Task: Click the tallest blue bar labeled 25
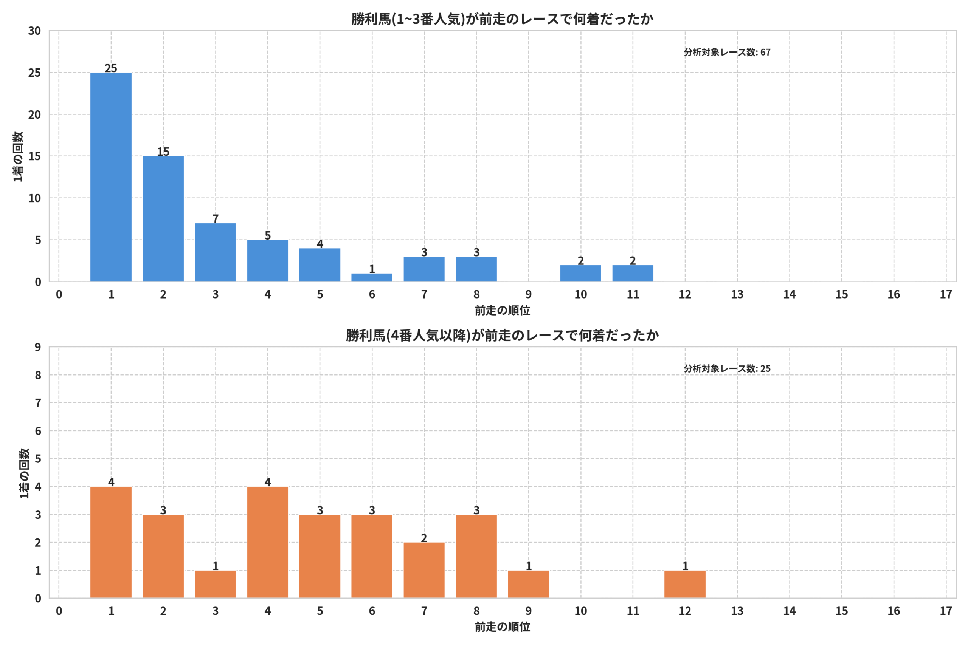(x=111, y=177)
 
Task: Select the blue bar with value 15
(x=163, y=219)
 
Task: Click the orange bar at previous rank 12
(x=685, y=584)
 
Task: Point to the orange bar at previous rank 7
(x=424, y=570)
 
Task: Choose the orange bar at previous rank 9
(x=529, y=584)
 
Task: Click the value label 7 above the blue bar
(x=215, y=218)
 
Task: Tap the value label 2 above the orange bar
(x=424, y=538)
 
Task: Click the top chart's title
(x=502, y=19)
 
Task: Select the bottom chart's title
(x=502, y=335)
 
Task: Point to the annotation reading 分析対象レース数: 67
(x=727, y=52)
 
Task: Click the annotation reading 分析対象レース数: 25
(x=727, y=368)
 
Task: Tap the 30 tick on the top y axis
(x=34, y=31)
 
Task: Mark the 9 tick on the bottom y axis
(x=38, y=347)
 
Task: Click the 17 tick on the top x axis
(x=946, y=294)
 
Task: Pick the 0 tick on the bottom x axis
(x=59, y=611)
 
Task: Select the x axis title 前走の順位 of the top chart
(x=502, y=311)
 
